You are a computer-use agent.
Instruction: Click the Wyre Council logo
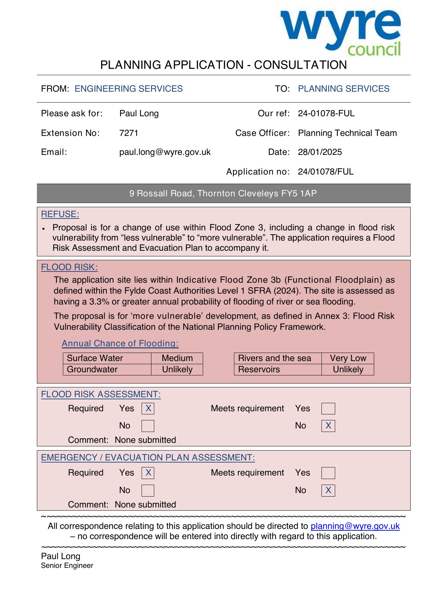tap(340, 32)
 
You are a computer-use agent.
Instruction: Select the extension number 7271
tap(129, 133)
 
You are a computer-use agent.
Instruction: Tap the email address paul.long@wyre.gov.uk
tap(165, 152)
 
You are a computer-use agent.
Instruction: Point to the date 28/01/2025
tap(320, 152)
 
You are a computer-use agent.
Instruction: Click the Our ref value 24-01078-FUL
tap(326, 113)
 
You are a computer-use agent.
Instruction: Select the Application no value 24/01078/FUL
tap(326, 172)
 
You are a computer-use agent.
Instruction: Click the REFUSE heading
tap(60, 214)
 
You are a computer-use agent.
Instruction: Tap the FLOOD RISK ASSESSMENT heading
tap(101, 394)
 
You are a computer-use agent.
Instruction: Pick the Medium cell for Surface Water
tap(177, 358)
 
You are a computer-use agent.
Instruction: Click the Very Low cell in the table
tap(348, 358)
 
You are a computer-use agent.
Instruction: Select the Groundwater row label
tap(92, 369)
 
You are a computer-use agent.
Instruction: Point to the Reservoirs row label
tap(259, 369)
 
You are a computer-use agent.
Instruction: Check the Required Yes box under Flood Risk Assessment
tap(148, 408)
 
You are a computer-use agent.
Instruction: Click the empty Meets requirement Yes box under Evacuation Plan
tap(328, 473)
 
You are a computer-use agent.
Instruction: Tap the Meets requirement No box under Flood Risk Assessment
tap(328, 426)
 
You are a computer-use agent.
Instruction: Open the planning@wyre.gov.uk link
tap(355, 526)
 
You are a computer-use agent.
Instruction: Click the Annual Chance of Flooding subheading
tap(120, 343)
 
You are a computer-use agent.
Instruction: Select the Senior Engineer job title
tap(67, 566)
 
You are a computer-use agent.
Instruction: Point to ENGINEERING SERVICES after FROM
tap(129, 89)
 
